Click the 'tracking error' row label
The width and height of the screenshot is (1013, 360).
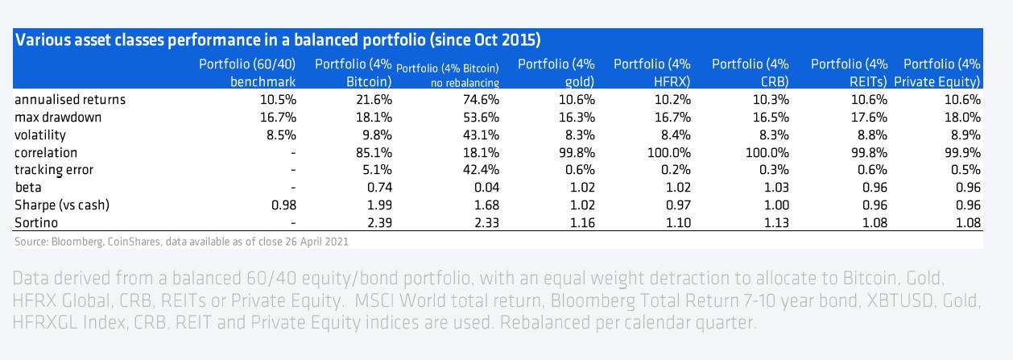pos(53,170)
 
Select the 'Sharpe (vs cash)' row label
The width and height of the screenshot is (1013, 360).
pos(64,205)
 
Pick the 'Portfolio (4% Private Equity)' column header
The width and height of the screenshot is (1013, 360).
pos(941,72)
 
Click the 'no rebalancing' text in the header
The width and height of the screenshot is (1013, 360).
pos(464,82)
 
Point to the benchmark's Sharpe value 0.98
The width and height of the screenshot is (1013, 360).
pos(283,205)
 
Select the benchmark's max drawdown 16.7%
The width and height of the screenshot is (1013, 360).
pos(279,118)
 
